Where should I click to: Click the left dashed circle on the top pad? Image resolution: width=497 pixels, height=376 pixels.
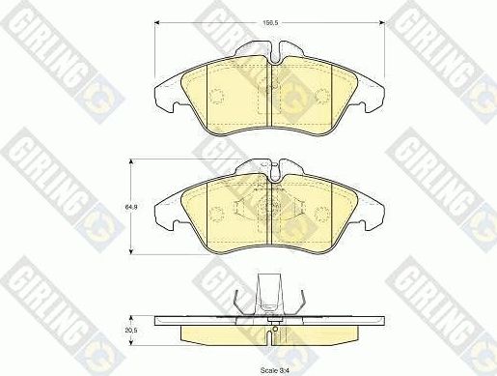216,94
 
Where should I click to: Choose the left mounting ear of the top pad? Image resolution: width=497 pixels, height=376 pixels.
165,92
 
